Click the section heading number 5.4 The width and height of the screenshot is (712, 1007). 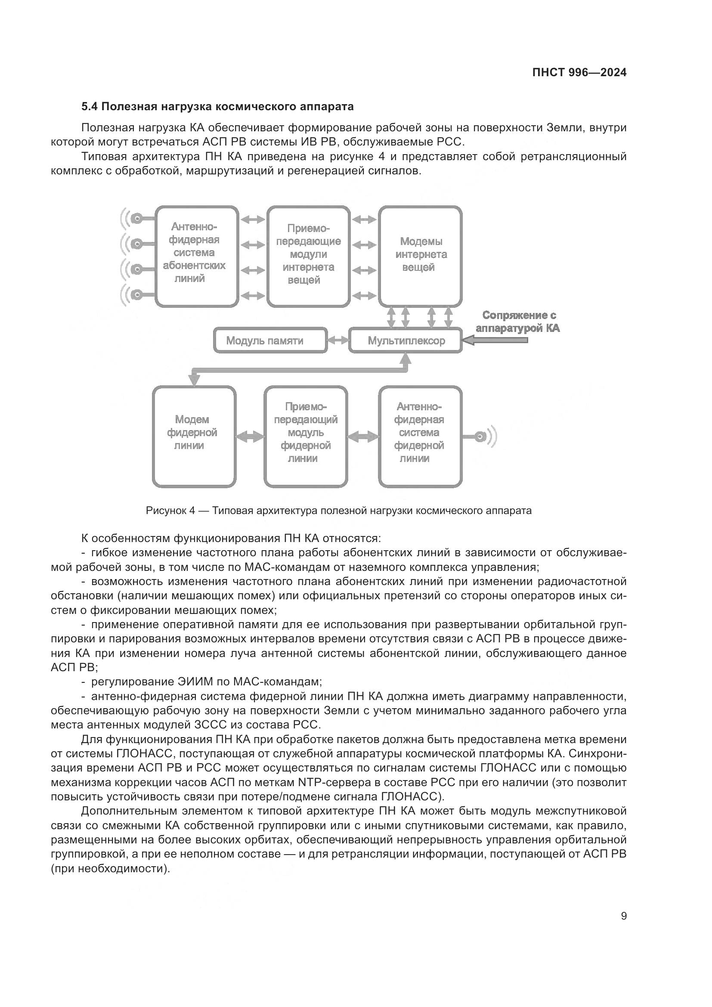click(90, 107)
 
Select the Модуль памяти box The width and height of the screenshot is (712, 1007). click(270, 341)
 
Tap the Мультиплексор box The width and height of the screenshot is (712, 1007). click(405, 341)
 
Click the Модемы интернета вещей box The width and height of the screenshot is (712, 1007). click(420, 256)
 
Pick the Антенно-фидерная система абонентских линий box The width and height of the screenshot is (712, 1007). click(196, 256)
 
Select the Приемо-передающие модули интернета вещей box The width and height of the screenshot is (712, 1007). click(308, 256)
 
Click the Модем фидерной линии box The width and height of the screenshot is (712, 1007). click(194, 437)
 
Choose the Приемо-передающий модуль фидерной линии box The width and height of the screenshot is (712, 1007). click(306, 437)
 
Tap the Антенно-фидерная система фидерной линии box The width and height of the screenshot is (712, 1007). click(420, 437)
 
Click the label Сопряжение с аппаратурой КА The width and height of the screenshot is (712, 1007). click(518, 322)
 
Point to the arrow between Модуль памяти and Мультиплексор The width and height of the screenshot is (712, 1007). click(338, 341)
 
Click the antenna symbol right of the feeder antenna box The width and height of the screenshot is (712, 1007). click(484, 437)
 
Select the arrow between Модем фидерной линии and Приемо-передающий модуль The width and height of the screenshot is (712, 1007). click(250, 437)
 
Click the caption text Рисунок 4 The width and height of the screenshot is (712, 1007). click(170, 511)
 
